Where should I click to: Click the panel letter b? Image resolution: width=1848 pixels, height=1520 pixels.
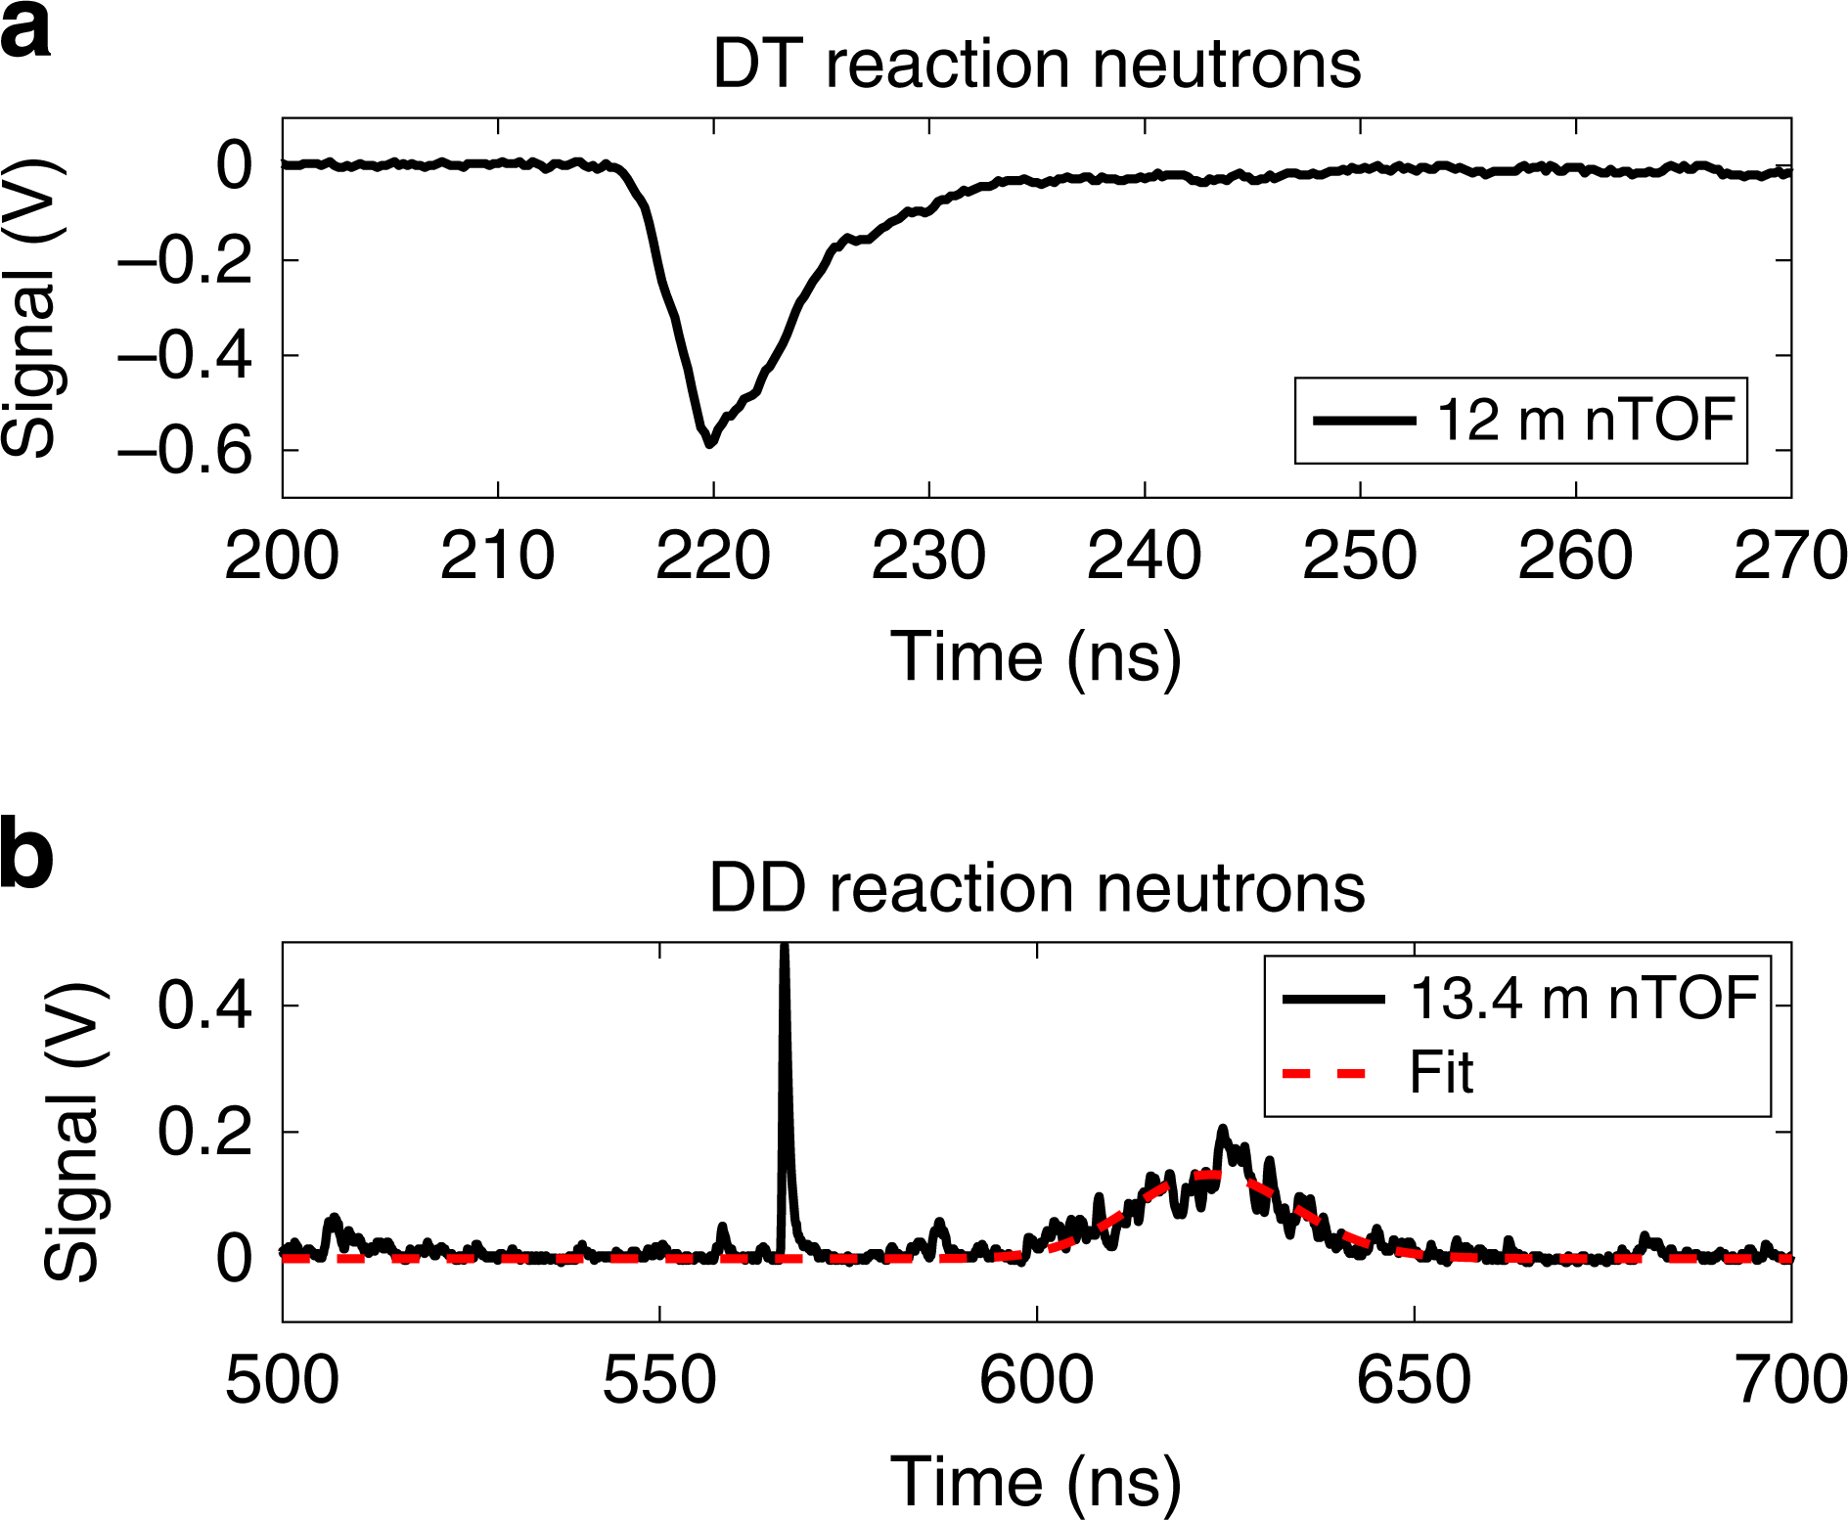(27, 856)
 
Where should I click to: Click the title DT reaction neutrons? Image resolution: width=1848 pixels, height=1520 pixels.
(1036, 65)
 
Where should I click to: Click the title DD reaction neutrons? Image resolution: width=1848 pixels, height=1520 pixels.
(1036, 889)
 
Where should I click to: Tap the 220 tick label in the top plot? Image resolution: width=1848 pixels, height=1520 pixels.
(712, 557)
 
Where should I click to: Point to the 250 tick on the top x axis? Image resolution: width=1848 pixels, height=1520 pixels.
(1359, 557)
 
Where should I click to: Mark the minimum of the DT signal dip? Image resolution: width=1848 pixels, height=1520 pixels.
(710, 443)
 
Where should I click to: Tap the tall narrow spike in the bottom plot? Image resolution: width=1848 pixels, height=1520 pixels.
(784, 1027)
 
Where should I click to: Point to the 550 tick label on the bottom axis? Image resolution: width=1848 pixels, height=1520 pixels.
(658, 1381)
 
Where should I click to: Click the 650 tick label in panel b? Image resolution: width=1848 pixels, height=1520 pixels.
(1414, 1381)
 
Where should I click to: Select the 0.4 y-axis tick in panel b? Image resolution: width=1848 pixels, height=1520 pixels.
(204, 1006)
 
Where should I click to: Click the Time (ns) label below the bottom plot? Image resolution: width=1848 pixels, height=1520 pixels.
(1036, 1481)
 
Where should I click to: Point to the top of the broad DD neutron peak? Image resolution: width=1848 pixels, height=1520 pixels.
(1222, 1133)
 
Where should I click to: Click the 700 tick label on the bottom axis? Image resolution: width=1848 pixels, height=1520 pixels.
(1789, 1381)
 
